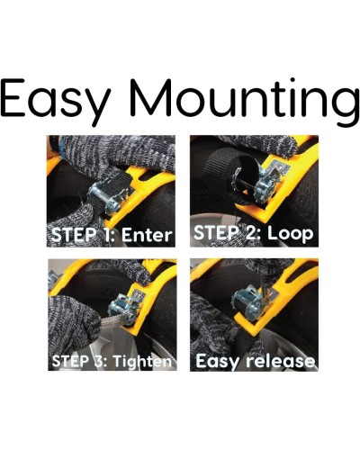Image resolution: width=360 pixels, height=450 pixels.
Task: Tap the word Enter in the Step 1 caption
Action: (x=147, y=235)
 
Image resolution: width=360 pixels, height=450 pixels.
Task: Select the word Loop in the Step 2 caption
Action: (x=290, y=233)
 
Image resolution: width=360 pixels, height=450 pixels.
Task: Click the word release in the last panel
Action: (x=280, y=361)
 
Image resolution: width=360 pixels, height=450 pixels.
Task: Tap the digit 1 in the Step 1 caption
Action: (x=108, y=235)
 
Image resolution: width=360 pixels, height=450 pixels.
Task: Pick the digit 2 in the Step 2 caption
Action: (x=250, y=233)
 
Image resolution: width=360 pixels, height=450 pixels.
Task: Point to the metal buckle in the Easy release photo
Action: (x=250, y=304)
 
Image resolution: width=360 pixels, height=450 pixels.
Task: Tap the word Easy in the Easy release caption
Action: (x=219, y=362)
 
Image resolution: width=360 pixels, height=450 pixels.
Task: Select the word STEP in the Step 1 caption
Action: (x=75, y=235)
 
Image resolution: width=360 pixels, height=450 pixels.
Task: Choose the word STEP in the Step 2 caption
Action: (x=217, y=233)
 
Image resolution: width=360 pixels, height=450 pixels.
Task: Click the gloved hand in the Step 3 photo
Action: (x=75, y=321)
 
